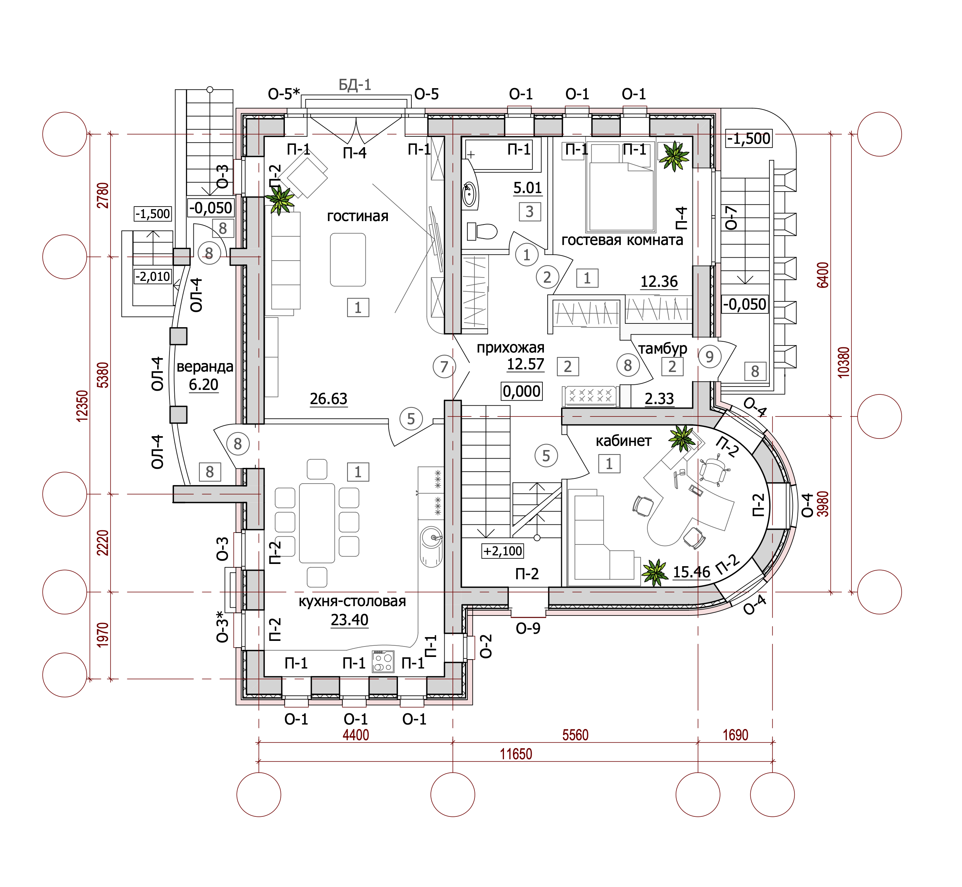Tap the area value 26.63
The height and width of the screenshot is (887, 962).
328,398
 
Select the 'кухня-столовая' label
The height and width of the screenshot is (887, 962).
352,601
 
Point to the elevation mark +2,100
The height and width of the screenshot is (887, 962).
502,551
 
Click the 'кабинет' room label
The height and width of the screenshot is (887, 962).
623,441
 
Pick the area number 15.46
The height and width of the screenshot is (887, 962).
691,572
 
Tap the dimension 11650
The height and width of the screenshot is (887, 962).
516,754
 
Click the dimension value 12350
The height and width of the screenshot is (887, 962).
82,406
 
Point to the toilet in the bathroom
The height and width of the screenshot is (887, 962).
482,231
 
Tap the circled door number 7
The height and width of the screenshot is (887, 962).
444,367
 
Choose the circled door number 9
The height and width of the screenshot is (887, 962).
710,356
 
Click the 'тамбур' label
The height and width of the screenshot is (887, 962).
663,348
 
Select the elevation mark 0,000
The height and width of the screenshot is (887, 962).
522,391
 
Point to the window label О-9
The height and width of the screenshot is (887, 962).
528,628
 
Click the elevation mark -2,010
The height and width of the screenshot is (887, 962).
153,276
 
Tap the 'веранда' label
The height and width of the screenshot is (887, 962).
205,367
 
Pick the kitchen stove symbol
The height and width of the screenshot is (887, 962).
383,661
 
